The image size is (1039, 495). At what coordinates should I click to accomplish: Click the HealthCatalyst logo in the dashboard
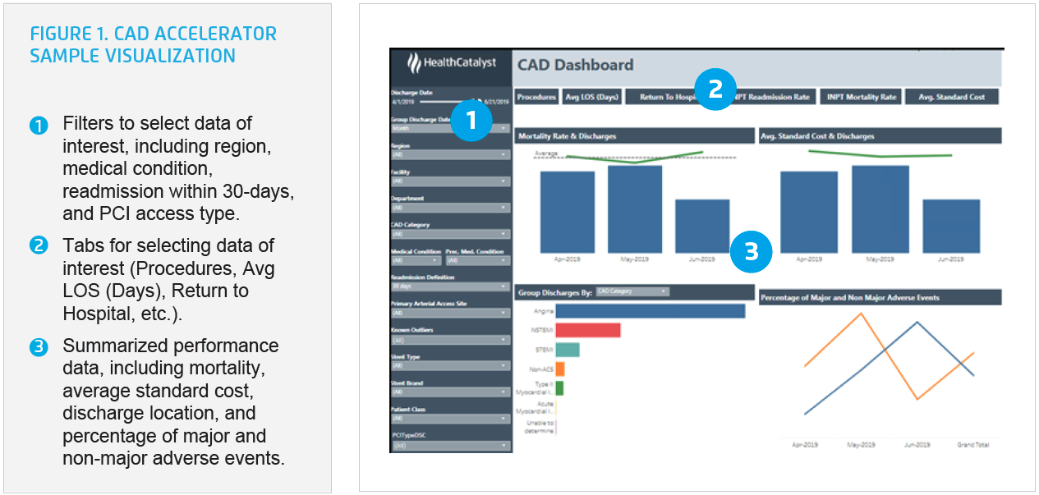[451, 63]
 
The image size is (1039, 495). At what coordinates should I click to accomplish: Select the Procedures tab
[536, 97]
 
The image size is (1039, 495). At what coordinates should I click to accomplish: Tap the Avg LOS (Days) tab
[591, 97]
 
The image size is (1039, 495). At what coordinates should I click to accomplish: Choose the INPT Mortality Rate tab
[861, 97]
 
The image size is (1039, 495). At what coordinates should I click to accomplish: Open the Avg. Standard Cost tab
[952, 97]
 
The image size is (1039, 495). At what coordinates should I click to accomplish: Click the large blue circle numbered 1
[471, 121]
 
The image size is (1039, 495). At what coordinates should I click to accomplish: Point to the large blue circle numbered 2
[715, 88]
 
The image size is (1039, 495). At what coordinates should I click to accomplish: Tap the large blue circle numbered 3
[751, 251]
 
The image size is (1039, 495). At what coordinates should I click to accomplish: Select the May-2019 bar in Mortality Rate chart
[635, 209]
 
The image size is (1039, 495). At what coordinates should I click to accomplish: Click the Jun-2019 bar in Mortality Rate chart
[702, 226]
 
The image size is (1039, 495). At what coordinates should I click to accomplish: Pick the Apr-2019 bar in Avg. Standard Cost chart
[809, 212]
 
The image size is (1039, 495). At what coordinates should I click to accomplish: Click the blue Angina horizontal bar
[650, 311]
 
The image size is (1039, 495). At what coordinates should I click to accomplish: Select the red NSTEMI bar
[587, 330]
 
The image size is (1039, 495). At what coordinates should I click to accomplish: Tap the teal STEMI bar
[568, 350]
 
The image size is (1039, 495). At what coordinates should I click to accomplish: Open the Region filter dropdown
[450, 154]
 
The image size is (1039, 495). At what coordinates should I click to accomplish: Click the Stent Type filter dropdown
[450, 365]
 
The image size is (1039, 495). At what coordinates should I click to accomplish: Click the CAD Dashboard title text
[575, 65]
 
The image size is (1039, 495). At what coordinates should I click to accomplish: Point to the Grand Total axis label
[973, 445]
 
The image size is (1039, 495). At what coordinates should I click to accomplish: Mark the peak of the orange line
[861, 314]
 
